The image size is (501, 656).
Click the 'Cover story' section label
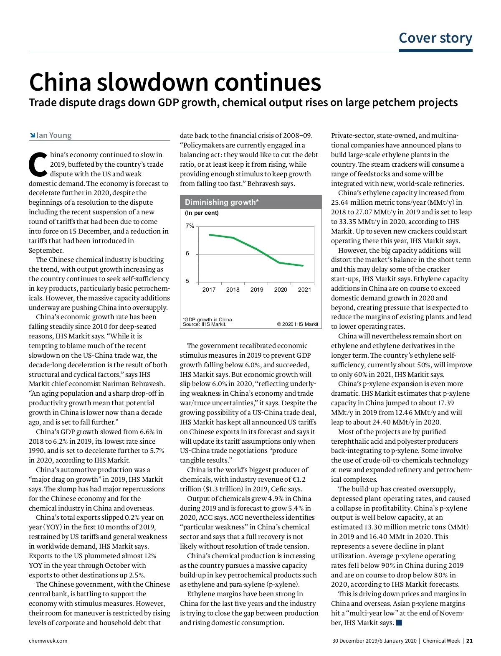click(435, 38)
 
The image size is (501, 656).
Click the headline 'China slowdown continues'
click(175, 82)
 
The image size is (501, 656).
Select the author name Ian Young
click(54, 135)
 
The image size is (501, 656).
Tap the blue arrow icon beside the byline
click(32, 135)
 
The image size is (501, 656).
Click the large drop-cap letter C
click(38, 164)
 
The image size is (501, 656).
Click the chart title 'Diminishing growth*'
click(222, 202)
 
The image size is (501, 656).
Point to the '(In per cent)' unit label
click(202, 213)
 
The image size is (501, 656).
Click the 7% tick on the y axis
click(190, 226)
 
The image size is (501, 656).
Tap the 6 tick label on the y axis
click(187, 254)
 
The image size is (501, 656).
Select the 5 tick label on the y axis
click(187, 281)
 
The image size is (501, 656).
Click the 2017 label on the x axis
click(209, 290)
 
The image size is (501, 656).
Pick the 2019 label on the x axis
click(257, 290)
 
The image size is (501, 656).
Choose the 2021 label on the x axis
click(304, 290)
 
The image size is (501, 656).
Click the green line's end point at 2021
click(303, 266)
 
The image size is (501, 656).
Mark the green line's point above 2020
click(280, 262)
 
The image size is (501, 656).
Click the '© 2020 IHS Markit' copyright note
click(297, 324)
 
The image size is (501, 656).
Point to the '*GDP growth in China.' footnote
click(208, 320)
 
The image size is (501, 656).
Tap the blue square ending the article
click(399, 623)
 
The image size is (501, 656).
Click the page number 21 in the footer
click(470, 641)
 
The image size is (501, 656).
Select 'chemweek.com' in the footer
click(48, 641)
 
